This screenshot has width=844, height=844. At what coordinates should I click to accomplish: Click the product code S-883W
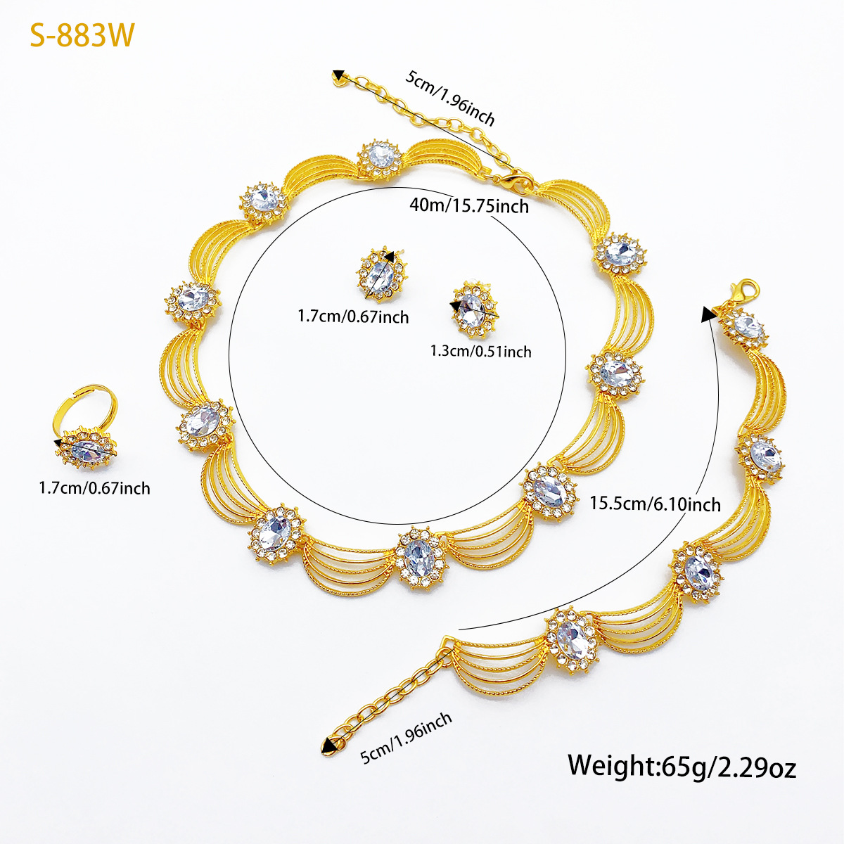(82, 35)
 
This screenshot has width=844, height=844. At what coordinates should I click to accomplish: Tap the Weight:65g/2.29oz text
(682, 767)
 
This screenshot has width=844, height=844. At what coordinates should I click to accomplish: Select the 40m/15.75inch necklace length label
(469, 205)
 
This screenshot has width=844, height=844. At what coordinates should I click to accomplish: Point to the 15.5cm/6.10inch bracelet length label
(656, 504)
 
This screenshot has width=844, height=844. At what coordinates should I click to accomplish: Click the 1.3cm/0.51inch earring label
(480, 351)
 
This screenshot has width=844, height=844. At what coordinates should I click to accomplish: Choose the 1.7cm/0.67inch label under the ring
(95, 488)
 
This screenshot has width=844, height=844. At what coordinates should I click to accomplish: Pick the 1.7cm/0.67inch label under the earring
(353, 316)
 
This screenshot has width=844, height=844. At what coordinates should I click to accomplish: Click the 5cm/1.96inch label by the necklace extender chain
(450, 98)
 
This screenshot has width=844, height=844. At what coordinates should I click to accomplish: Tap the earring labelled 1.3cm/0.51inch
(475, 309)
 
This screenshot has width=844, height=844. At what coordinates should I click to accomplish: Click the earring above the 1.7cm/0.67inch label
(381, 274)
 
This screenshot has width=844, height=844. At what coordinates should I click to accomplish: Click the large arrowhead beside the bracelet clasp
(709, 314)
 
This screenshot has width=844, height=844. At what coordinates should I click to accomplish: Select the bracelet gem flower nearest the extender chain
(572, 641)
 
